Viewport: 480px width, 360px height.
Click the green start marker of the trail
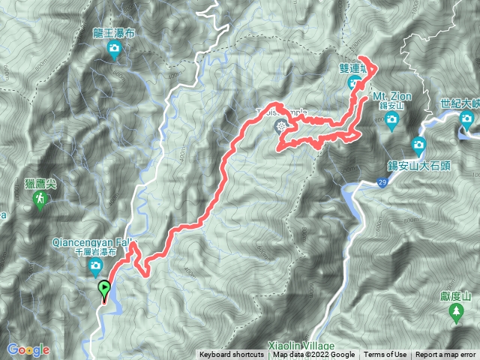click(104, 287)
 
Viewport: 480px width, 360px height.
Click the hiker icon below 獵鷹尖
click(41, 199)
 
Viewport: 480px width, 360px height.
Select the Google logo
click(28, 349)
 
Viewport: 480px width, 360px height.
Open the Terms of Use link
click(385, 355)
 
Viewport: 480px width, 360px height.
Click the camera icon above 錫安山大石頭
click(418, 143)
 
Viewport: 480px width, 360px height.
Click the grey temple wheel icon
click(282, 126)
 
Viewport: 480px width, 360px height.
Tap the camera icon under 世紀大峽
click(466, 118)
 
